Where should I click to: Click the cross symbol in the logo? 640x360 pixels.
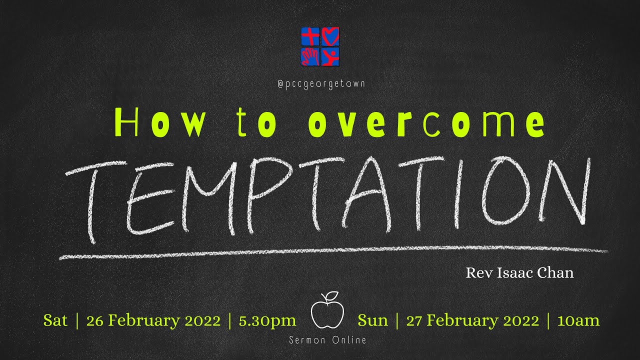310,36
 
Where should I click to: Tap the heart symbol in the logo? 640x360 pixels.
330,36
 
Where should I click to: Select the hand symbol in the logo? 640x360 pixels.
310,56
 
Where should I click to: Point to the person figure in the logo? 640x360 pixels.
330,56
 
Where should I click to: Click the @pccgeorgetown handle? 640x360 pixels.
320,84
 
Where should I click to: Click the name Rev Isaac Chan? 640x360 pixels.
519,273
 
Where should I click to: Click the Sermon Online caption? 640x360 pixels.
327,340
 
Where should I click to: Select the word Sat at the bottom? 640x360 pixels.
55,320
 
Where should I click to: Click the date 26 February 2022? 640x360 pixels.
153,320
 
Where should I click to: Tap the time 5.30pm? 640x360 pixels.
267,320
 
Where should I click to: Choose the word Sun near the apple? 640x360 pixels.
372,320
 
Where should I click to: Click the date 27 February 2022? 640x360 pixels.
472,320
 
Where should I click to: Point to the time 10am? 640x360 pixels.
578,320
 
